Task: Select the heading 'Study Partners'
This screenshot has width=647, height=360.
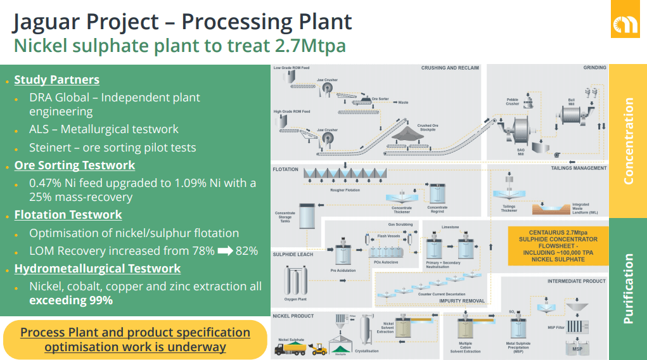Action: [56, 80]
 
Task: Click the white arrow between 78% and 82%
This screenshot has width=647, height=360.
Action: [225, 250]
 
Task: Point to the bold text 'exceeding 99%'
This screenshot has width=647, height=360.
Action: [71, 300]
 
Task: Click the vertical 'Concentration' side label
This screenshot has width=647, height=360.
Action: [628, 141]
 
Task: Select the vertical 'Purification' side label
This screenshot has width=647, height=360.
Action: [628, 288]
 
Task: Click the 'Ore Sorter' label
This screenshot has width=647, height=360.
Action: [380, 99]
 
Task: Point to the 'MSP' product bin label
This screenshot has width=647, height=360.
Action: [577, 349]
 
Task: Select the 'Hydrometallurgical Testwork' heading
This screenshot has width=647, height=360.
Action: [98, 269]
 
